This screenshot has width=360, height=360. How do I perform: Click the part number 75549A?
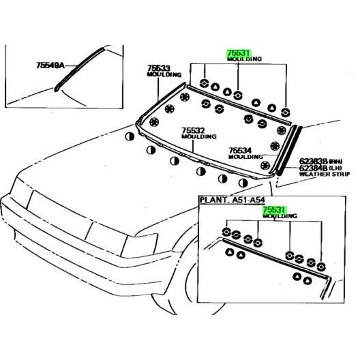point(49,66)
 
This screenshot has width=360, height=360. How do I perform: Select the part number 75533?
point(157,68)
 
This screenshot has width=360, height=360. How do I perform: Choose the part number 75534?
point(240,150)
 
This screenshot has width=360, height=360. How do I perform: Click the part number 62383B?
point(312,162)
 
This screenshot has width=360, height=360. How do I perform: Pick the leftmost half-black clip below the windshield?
point(130,136)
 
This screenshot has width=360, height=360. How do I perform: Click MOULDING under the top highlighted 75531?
point(244,59)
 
